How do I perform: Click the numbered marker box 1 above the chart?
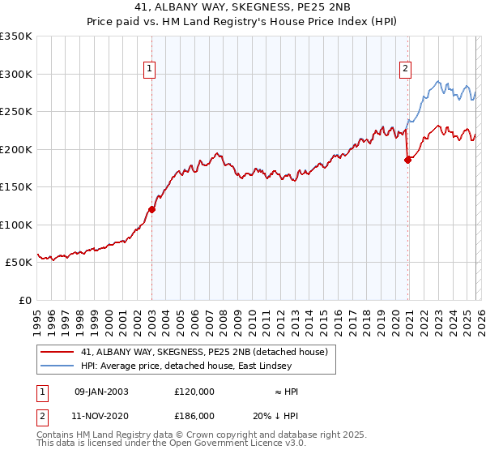coord(151,70)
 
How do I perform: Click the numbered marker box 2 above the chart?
coord(404,70)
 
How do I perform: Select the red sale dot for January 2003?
coord(151,209)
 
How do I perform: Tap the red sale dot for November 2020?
coord(407,160)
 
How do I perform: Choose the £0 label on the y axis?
coord(25,300)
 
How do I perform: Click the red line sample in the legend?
coord(58,352)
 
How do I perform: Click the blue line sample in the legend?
coord(58,366)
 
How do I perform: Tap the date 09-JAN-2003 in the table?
coord(100,392)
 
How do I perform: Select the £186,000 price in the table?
coord(194,415)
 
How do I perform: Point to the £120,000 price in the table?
coord(194,392)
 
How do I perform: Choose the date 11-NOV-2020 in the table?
coord(100,415)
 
